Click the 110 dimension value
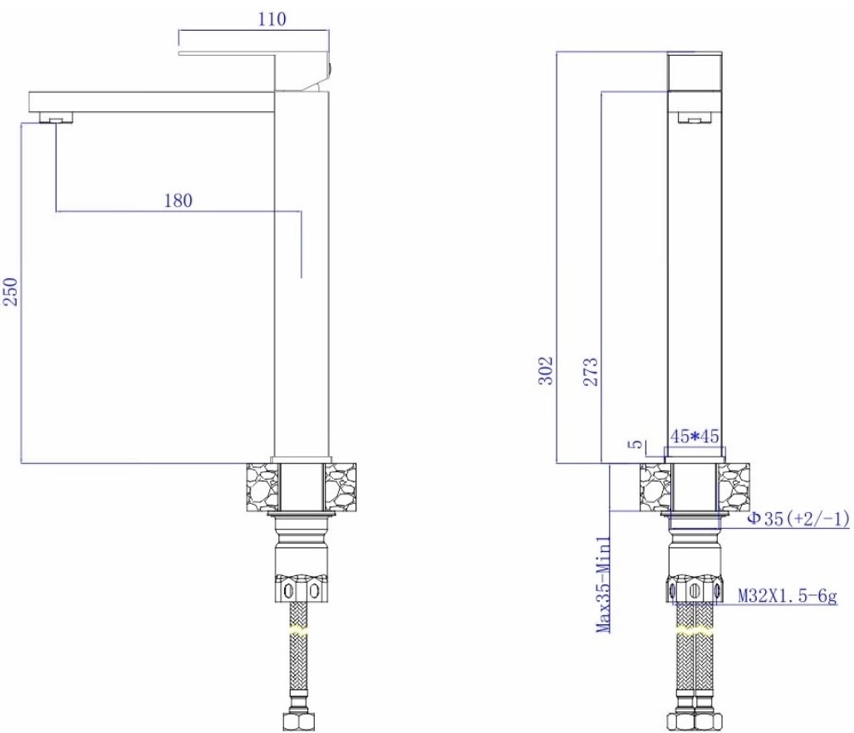point(272,20)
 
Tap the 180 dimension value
point(178,201)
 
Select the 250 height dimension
point(12,291)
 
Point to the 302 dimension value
point(546,370)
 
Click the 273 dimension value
point(591,372)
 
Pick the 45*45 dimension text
point(694,436)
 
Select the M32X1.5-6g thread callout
point(787,596)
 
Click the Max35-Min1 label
point(603,584)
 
